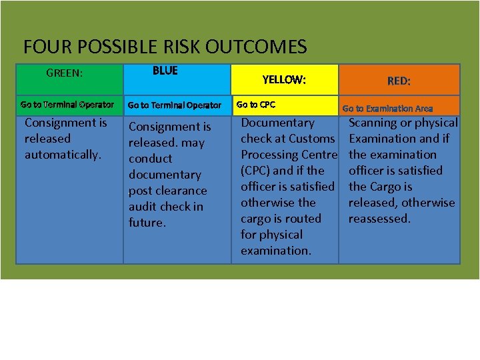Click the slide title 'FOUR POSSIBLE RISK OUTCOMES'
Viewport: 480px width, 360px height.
(165, 47)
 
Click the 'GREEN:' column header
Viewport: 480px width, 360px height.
(64, 73)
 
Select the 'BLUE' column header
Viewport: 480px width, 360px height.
(165, 71)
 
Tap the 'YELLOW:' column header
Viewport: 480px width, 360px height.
(284, 80)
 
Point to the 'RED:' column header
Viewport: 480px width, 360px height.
(399, 81)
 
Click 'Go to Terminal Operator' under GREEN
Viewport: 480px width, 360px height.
(67, 104)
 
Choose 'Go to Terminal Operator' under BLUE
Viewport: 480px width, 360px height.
(174, 105)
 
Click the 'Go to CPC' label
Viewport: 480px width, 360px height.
(255, 105)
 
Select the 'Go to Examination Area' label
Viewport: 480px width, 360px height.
(387, 108)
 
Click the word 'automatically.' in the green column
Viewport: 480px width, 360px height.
(63, 155)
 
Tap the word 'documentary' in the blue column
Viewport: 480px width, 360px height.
(165, 175)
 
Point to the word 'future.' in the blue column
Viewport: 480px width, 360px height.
(147, 223)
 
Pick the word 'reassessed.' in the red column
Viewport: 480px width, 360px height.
(379, 219)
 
